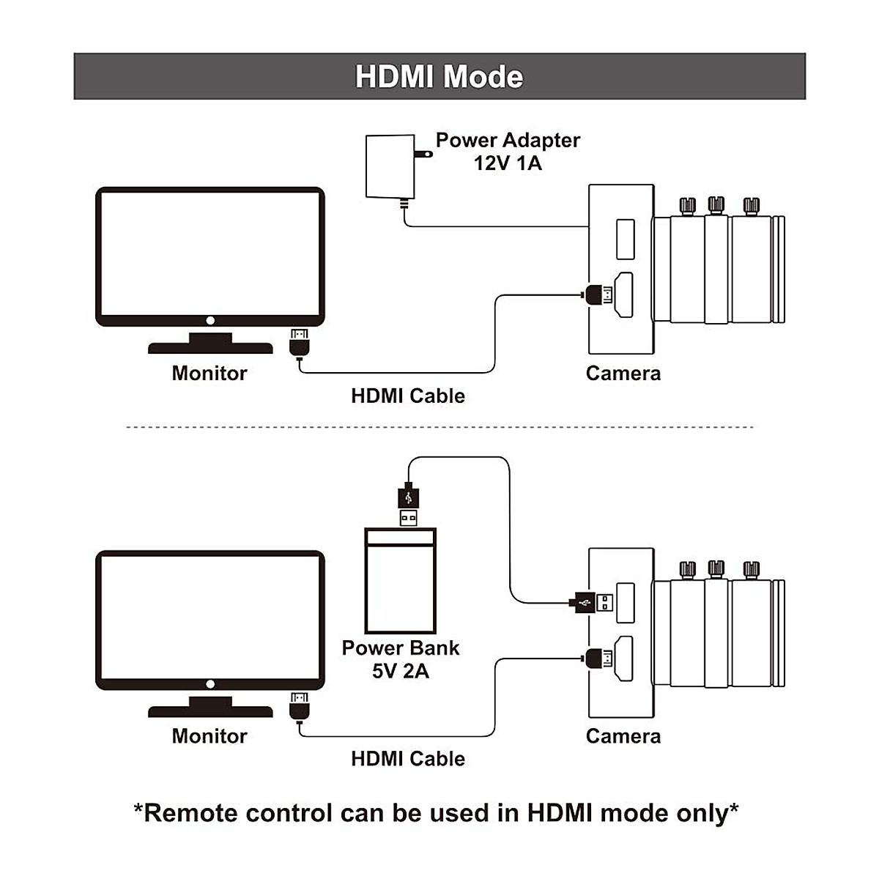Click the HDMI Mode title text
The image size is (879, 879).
[x=439, y=77]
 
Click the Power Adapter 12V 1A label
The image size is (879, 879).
[x=508, y=152]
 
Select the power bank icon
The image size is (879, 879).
[x=401, y=581]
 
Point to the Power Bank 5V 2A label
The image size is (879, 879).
[x=401, y=659]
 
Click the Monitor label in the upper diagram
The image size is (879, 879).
[x=209, y=373]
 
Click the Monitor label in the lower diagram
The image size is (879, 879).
[x=209, y=735]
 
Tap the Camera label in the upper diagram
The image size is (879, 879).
[x=623, y=373]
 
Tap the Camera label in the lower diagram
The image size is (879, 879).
[x=623, y=735]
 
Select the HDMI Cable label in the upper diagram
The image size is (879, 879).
[x=408, y=396]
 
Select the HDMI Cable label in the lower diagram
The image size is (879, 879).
[x=408, y=758]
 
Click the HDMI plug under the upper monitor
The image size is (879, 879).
[x=300, y=343]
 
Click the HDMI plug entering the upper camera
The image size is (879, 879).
[x=599, y=295]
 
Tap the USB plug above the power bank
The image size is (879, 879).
[x=409, y=504]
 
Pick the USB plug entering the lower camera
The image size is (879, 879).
[x=591, y=603]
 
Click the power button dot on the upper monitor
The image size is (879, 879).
[x=210, y=321]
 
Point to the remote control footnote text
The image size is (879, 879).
[x=437, y=812]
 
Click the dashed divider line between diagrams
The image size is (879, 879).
[x=439, y=427]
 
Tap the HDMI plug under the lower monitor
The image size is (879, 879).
[x=300, y=705]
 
